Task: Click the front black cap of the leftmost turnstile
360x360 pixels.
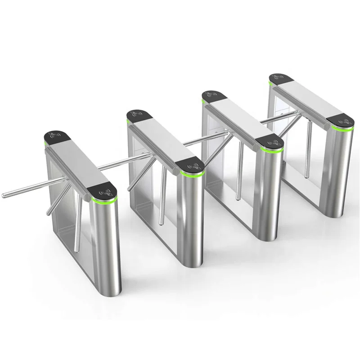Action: (103, 190)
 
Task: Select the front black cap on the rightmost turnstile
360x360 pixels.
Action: (341, 121)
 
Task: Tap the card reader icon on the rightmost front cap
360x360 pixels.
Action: (345, 121)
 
